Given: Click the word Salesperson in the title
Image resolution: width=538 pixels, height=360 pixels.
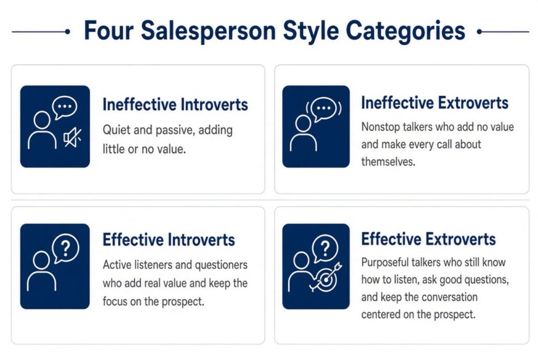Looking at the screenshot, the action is coord(208,32).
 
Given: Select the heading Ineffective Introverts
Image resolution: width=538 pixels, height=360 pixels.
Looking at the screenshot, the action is coord(175,105).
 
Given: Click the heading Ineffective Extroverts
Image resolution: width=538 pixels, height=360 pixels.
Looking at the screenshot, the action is coord(434,102).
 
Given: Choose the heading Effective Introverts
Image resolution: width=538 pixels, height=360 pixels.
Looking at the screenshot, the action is coord(169,240).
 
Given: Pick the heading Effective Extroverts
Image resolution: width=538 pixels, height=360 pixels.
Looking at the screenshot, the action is coord(429,239).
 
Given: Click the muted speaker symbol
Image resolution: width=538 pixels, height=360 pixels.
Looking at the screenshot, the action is coord(73,138).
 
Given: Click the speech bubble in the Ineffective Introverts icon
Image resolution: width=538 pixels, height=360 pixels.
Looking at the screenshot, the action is coord(65,107).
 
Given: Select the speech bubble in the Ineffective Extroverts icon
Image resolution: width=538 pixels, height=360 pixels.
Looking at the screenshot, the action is coord(323,109).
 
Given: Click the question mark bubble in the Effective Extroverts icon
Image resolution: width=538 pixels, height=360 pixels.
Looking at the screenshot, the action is coord(325,248).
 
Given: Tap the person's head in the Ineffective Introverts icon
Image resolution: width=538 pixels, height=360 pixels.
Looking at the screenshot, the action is coord(42,120).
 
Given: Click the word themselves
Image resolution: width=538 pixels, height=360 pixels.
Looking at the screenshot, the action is coord(388,162).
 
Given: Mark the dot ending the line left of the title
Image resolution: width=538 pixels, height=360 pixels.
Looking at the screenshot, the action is coord(68,32).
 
